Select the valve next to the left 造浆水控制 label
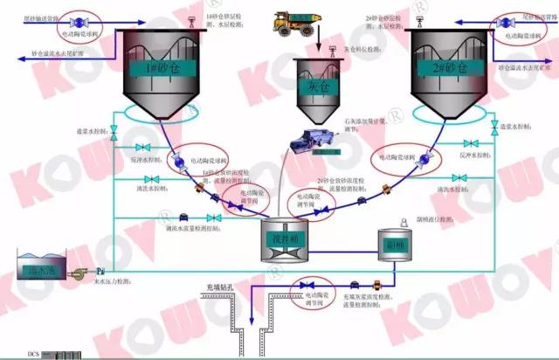(x=114, y=131)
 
